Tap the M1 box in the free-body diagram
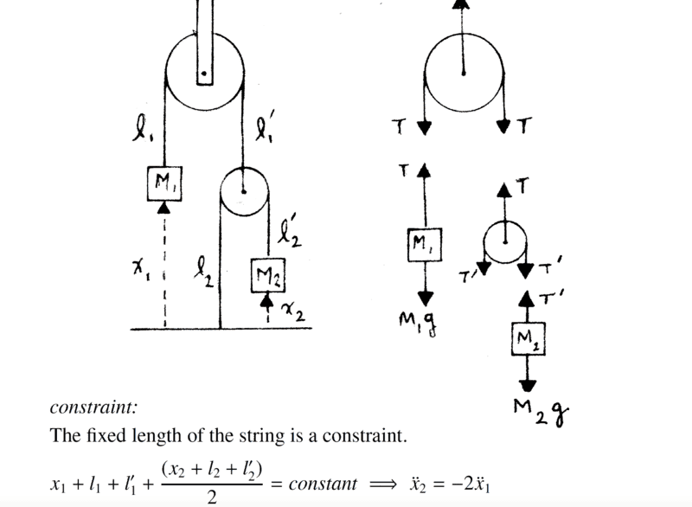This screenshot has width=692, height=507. pos(424,245)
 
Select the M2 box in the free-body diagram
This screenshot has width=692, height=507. pos(528,338)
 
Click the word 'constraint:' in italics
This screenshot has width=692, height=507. pos(94,407)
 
